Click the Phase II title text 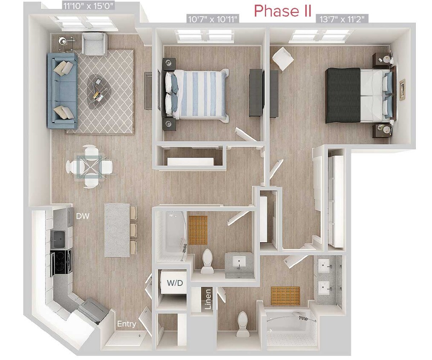click(x=283, y=10)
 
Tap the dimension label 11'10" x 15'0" click(x=82, y=6)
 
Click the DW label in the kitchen click(x=82, y=216)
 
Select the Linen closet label click(x=208, y=299)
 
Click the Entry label click(x=127, y=324)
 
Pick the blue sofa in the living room click(x=62, y=90)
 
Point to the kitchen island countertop click(x=116, y=229)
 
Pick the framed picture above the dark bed click(x=402, y=90)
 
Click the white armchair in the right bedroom click(x=282, y=59)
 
